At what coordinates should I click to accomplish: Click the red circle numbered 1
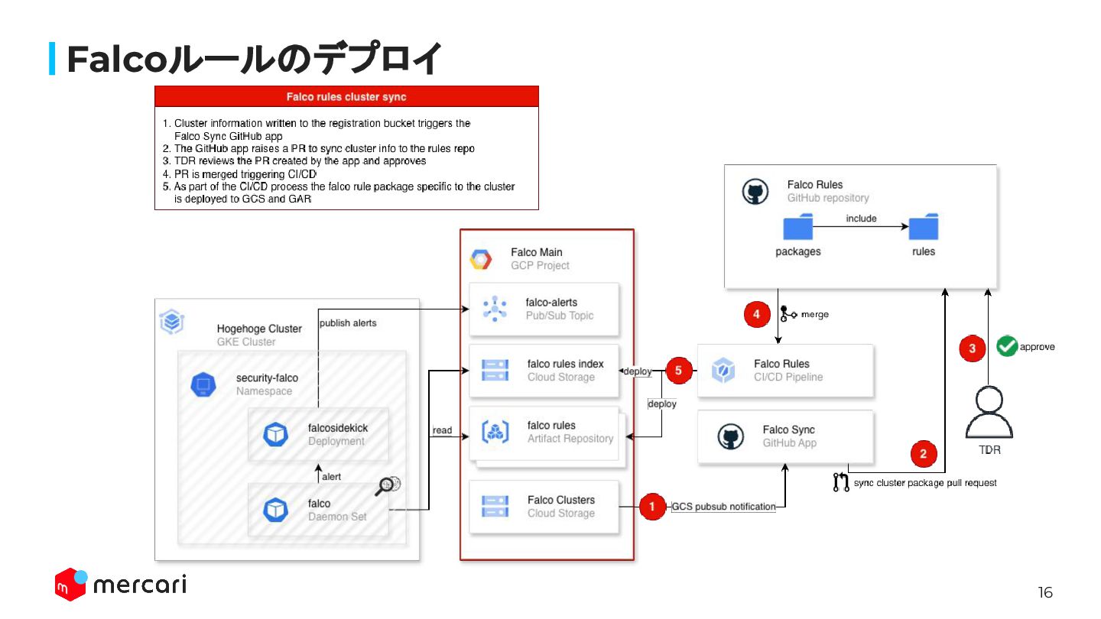(652, 506)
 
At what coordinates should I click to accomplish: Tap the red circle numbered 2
(924, 454)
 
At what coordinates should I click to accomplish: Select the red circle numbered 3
(973, 348)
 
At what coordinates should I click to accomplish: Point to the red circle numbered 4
(756, 314)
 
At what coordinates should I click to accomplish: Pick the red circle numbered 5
(678, 371)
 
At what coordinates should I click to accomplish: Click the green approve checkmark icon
(1007, 346)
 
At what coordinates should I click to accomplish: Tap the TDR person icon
(989, 412)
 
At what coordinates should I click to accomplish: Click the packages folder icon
(798, 228)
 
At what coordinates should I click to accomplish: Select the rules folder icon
(923, 228)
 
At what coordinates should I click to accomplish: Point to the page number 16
(1045, 593)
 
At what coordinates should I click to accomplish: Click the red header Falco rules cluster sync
(346, 96)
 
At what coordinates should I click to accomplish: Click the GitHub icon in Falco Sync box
(730, 436)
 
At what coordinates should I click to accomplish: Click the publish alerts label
(348, 323)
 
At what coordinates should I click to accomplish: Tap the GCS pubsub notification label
(723, 507)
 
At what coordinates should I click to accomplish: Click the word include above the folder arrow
(861, 219)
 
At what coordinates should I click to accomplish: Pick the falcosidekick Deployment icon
(275, 434)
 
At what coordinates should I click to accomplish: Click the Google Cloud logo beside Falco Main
(480, 259)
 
